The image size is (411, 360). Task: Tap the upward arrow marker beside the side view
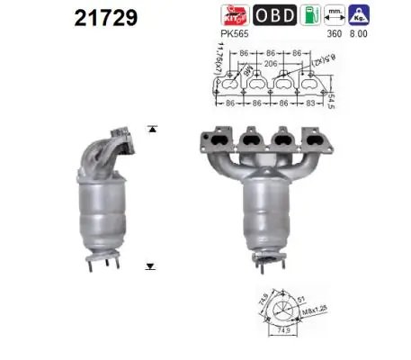click(x=150, y=129)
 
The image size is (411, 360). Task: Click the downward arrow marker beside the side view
click(x=150, y=266)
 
